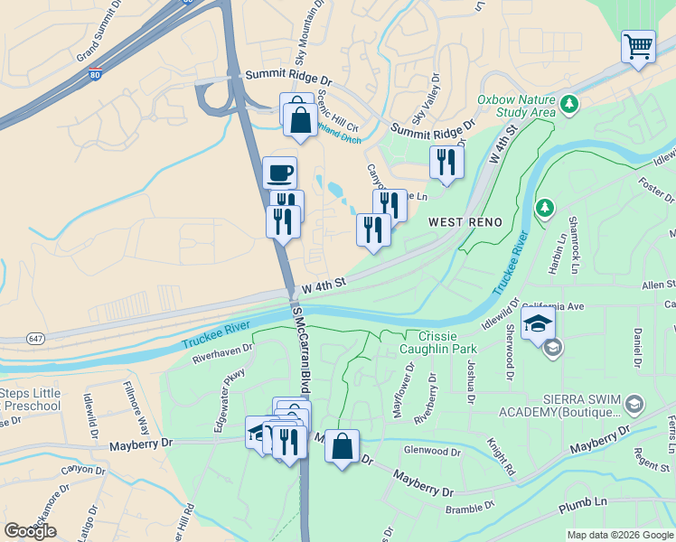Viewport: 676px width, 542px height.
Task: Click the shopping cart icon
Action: point(638,46)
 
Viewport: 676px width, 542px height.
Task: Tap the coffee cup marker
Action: point(279,173)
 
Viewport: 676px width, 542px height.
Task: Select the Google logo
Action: point(30,531)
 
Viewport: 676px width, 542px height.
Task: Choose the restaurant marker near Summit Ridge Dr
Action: point(446,163)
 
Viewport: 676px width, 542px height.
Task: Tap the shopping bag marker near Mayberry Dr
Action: point(342,446)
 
